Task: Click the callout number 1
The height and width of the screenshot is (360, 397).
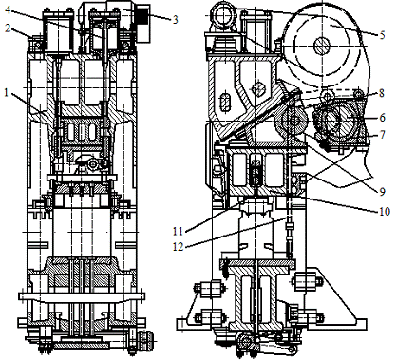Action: (7, 93)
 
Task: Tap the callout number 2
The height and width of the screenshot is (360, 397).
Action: (9, 28)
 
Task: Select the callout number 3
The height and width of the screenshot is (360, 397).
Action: (175, 20)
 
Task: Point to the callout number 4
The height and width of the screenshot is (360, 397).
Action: (8, 9)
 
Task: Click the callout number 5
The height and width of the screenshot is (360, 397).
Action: (382, 34)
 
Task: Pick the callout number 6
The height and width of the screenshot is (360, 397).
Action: (382, 118)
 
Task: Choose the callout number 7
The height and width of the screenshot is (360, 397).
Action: (382, 135)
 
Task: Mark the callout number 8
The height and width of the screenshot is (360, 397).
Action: (382, 93)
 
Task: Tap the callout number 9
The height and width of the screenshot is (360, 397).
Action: (382, 191)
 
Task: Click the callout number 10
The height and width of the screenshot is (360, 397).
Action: (385, 211)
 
